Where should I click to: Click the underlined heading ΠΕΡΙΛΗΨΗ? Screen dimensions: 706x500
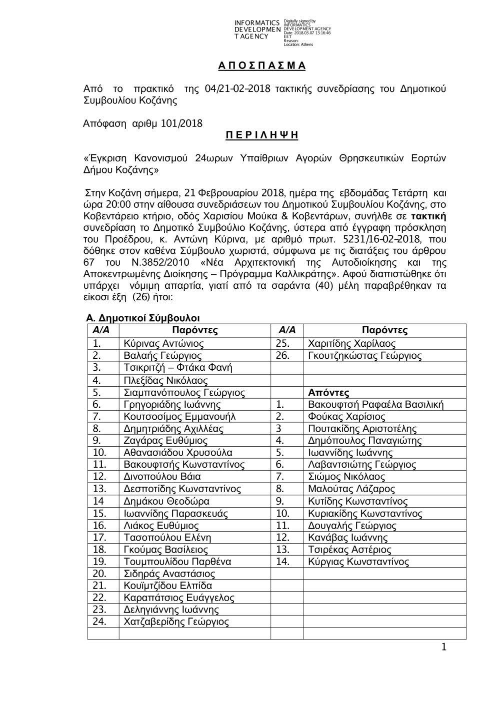[x=259, y=134]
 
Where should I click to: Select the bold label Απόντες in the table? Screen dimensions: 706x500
[x=328, y=393]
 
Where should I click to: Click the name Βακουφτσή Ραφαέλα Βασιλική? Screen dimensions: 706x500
[x=375, y=405]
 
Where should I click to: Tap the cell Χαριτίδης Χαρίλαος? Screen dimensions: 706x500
[x=351, y=344]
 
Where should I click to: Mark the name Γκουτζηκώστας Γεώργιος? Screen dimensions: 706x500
[x=364, y=356]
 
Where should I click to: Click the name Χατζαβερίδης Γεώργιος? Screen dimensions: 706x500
[x=176, y=622]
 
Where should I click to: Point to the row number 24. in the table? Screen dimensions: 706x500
[x=100, y=622]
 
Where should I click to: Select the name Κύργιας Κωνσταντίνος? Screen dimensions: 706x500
[x=358, y=562]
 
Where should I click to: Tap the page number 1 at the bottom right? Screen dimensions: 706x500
[x=443, y=648]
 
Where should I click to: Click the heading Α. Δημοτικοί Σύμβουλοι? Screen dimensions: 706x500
[x=143, y=318]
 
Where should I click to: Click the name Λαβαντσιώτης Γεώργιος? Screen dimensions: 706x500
[x=362, y=465]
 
